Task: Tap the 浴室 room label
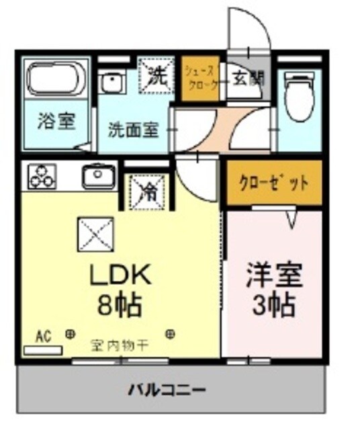click(55, 121)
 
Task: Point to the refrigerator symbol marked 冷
click(147, 190)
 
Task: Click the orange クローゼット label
click(274, 182)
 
